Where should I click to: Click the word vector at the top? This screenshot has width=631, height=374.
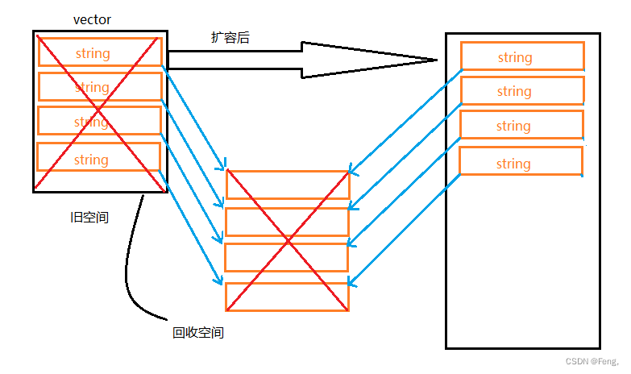pyautogui.click(x=91, y=19)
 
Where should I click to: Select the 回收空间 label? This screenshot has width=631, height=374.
pyautogui.click(x=197, y=332)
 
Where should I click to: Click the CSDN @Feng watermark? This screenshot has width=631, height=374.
pyautogui.click(x=592, y=362)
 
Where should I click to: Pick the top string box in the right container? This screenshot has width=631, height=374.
pyautogui.click(x=521, y=56)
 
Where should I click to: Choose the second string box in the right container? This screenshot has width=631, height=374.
pyautogui.click(x=521, y=91)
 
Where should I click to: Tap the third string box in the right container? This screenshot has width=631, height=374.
pyautogui.click(x=521, y=126)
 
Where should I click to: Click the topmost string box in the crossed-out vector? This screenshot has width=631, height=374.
pyautogui.click(x=99, y=52)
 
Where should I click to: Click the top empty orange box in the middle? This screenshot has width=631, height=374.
pyautogui.click(x=288, y=185)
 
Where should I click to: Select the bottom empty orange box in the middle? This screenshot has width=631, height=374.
pyautogui.click(x=287, y=297)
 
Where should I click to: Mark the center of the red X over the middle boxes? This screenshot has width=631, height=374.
pyautogui.click(x=288, y=241)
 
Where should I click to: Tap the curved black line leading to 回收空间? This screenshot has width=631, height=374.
pyautogui.click(x=127, y=266)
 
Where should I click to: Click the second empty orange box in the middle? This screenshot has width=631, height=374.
pyautogui.click(x=287, y=222)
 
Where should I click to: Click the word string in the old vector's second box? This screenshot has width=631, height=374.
pyautogui.click(x=92, y=87)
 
